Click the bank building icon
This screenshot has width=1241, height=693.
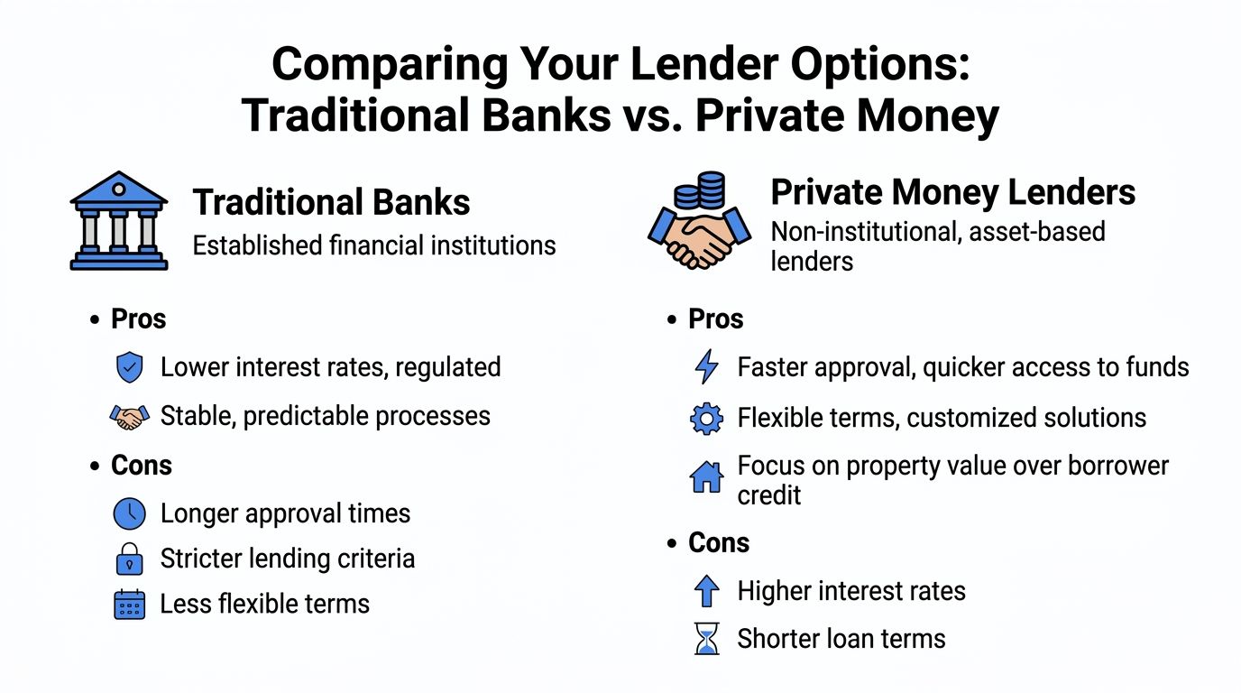click(x=118, y=221)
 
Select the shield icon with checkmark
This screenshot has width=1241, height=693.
click(x=130, y=367)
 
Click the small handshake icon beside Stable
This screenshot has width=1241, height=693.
click(x=130, y=417)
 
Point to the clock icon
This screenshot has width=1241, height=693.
click(x=130, y=513)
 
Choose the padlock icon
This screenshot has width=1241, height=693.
click(x=130, y=559)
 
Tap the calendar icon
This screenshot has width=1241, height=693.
click(x=130, y=604)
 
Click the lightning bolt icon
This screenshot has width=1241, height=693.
click(x=707, y=366)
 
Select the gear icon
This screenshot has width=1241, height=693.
click(x=706, y=419)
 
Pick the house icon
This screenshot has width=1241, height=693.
click(x=706, y=476)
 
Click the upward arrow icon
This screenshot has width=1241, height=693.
click(x=707, y=591)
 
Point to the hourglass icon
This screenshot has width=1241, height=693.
click(x=707, y=639)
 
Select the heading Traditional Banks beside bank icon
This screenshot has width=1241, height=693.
click(x=331, y=202)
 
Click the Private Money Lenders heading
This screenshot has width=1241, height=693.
click(x=953, y=192)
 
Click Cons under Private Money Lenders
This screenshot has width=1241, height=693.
click(x=719, y=542)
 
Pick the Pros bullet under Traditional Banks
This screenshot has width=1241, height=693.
click(x=139, y=319)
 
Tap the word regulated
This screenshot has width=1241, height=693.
click(x=447, y=367)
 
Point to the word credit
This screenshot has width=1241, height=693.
click(x=769, y=495)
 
